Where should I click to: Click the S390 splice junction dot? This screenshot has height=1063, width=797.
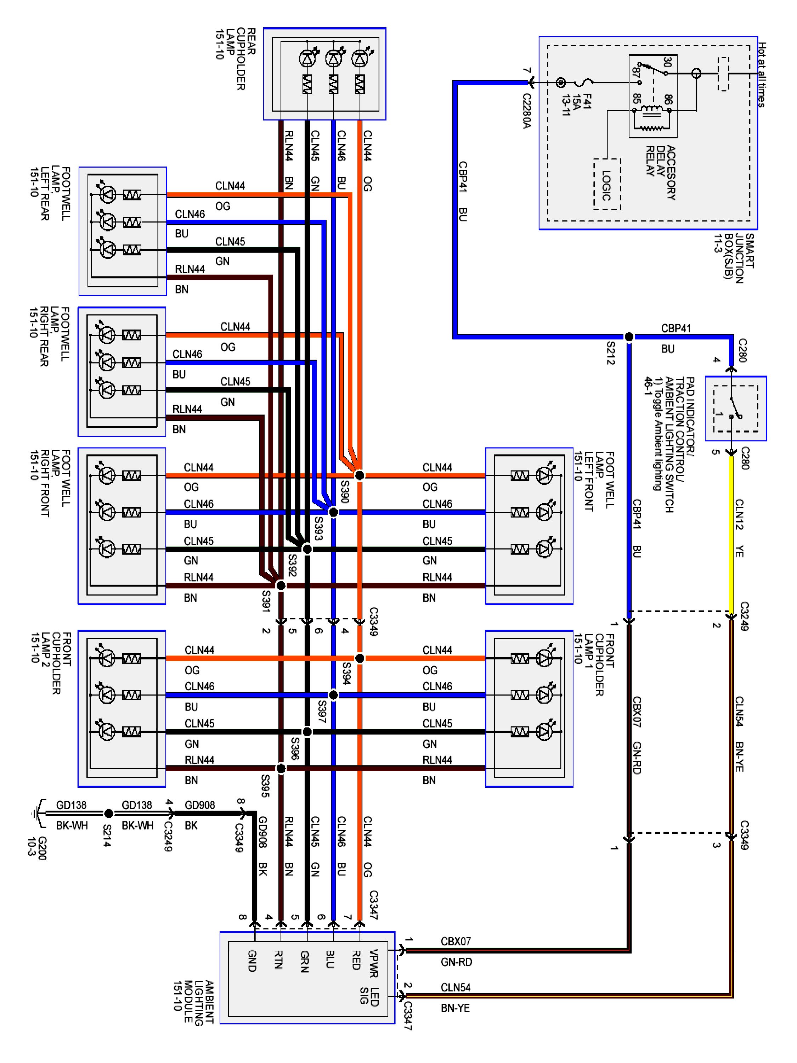coord(359,475)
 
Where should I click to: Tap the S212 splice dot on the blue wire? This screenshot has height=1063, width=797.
coord(628,337)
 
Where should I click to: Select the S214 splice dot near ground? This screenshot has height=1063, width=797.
coord(109,813)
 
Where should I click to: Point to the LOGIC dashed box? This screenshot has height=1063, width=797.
coord(607,185)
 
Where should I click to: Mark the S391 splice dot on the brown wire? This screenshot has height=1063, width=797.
coord(281,585)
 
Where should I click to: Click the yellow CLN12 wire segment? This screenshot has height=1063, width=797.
coord(731,529)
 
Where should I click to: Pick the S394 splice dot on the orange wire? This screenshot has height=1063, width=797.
coord(359,658)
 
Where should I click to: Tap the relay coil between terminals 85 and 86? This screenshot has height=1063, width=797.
coord(652,110)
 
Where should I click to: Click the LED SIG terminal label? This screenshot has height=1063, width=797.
coord(369,996)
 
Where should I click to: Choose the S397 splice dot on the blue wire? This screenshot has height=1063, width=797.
coord(333,695)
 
